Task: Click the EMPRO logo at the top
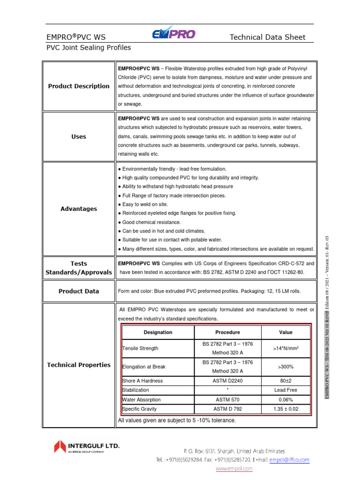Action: (173, 33)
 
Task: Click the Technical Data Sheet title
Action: (267, 37)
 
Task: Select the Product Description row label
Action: (79, 86)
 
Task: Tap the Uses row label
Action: (79, 137)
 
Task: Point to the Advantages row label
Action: (79, 209)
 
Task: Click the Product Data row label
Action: (79, 291)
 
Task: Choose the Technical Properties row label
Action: (79, 365)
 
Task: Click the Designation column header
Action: (157, 332)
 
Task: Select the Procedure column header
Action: (227, 332)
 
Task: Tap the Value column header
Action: (285, 332)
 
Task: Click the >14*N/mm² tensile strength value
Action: (285, 348)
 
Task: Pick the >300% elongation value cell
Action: (285, 367)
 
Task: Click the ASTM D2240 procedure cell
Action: (227, 381)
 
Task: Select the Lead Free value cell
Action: (285, 390)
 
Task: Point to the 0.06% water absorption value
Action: (285, 400)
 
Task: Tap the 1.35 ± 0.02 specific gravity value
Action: (285, 409)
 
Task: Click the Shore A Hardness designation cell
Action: (143, 381)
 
